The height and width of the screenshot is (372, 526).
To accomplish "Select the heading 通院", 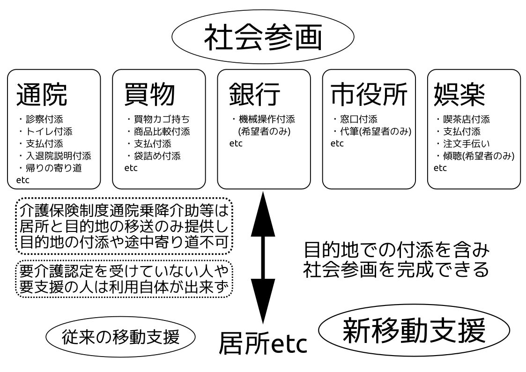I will [42, 94].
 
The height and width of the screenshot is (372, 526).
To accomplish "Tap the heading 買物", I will [149, 94].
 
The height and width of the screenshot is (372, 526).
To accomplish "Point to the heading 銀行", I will [254, 94].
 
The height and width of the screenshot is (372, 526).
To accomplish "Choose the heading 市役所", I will [369, 94].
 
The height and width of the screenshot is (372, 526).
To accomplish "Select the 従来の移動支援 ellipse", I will [121, 337].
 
